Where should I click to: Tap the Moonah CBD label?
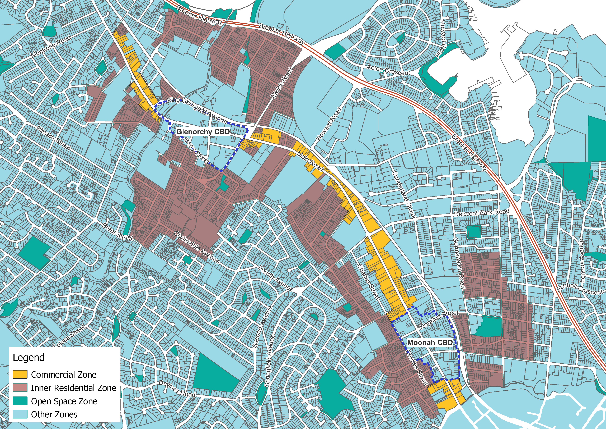[x=430, y=343]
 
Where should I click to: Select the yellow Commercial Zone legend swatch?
[x=20, y=374]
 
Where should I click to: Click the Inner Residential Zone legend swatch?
[x=20, y=387]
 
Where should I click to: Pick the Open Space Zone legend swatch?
[x=20, y=401]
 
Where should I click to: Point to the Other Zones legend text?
[x=54, y=414]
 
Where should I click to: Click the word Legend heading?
[x=29, y=357]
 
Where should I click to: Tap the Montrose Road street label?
[x=51, y=47]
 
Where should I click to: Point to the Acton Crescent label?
[x=388, y=70]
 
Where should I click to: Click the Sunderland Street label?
[x=404, y=194]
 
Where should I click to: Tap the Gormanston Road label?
[x=459, y=263]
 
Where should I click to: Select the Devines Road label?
[x=177, y=389]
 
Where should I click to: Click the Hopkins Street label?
[x=439, y=320]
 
